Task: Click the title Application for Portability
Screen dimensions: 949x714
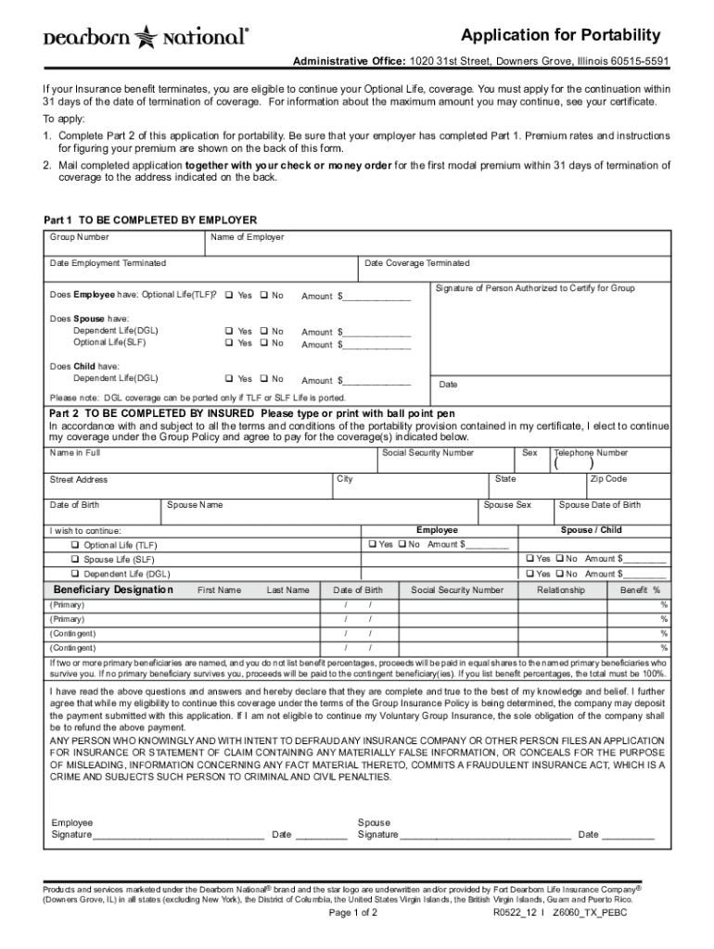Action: (561, 35)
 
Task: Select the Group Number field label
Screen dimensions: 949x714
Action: (79, 237)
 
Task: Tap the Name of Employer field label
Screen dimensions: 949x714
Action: (248, 237)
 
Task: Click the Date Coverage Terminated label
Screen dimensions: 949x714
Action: (417, 263)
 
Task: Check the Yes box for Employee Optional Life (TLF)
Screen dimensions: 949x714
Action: (228, 296)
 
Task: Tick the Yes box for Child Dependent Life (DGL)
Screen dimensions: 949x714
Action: (228, 379)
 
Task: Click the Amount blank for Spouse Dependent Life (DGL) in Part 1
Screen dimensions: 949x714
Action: (376, 332)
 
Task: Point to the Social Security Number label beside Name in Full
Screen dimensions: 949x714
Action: (428, 453)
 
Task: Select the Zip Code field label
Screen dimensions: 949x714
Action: (608, 479)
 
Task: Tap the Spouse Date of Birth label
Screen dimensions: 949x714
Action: (600, 505)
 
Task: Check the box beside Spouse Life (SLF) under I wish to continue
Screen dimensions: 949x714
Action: (76, 560)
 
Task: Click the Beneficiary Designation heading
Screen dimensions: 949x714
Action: (113, 589)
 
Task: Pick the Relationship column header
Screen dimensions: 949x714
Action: (561, 590)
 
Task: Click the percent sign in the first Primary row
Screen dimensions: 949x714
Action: (664, 605)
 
